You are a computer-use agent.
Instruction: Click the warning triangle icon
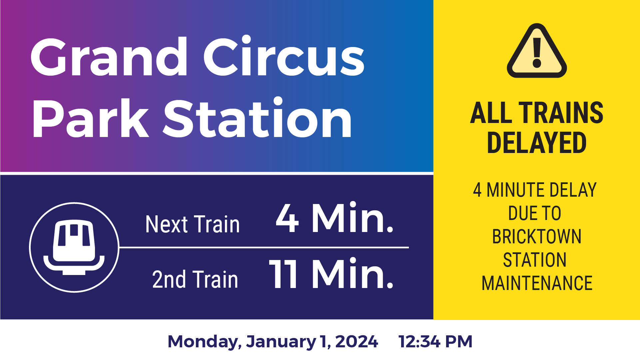537,52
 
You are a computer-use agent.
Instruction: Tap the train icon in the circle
74,247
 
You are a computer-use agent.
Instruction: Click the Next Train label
193,224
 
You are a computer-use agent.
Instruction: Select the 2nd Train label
195,279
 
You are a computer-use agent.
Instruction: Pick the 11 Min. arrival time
331,274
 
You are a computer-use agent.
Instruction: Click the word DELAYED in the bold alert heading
536,143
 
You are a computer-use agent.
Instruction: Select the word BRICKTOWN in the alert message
537,237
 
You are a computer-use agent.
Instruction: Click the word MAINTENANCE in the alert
537,283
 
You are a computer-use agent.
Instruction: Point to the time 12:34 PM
435,342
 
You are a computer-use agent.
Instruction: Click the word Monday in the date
204,342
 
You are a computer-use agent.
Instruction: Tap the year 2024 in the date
356,342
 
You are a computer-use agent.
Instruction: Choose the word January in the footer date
281,342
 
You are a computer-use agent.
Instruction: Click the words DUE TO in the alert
535,213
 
